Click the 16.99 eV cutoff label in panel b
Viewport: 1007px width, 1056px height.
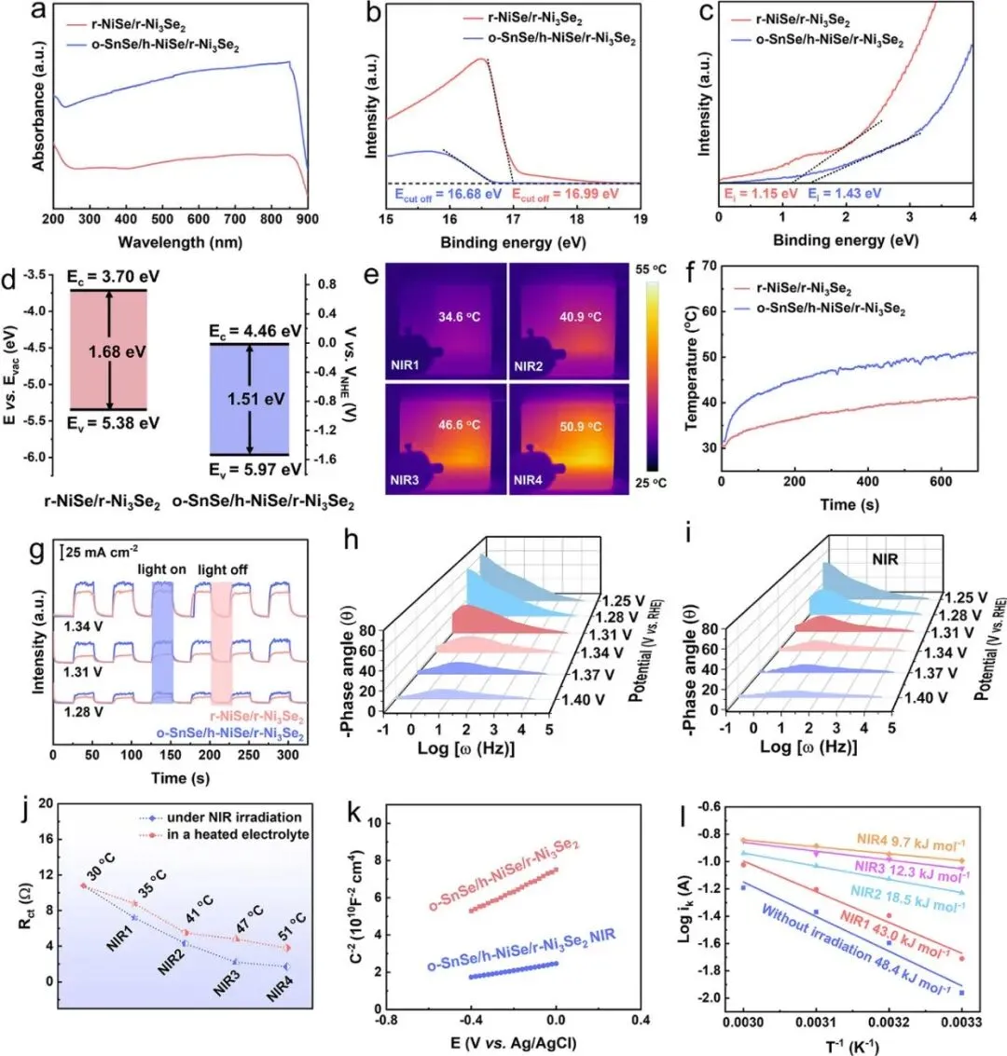point(565,194)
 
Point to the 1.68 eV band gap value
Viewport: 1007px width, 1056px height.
point(107,353)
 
